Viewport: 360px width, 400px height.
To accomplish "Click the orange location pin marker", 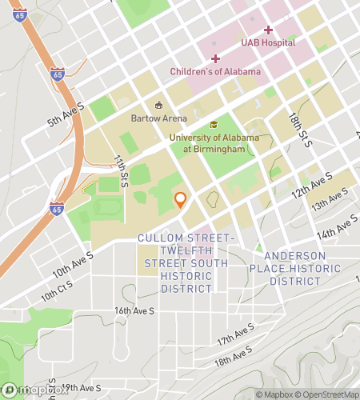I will tap(181, 200).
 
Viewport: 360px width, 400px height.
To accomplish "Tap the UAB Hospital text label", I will tap(268, 42).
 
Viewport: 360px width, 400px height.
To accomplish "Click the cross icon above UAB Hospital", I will tap(268, 30).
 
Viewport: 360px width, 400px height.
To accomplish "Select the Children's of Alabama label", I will tap(215, 71).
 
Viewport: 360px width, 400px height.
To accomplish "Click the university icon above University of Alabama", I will tap(214, 125).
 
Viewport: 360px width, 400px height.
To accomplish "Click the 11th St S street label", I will tap(122, 170).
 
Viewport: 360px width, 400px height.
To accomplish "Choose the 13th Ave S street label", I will tap(331, 201).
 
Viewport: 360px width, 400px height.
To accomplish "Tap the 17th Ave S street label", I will tap(235, 334).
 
